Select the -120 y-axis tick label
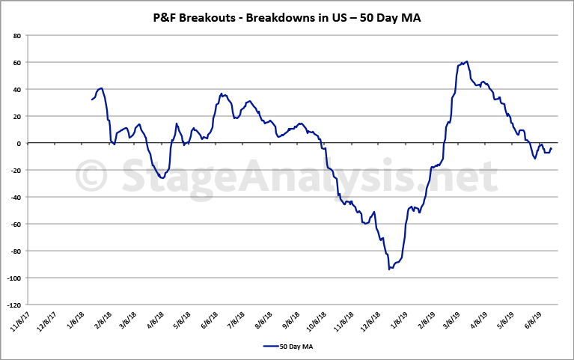point(13,305)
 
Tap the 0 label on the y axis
point(19,143)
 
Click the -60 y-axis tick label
point(14,224)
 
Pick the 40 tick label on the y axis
point(16,89)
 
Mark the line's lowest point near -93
point(390,269)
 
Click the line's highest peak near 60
point(467,61)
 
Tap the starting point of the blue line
point(92,100)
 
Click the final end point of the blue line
point(552,148)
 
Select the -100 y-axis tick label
point(13,278)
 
